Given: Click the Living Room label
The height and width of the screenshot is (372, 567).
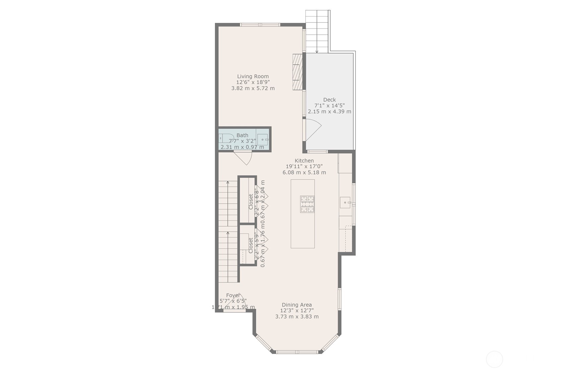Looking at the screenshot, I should (x=253, y=76).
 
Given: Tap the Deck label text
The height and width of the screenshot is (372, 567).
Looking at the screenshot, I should (x=329, y=99).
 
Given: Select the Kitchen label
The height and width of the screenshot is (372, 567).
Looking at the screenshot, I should (x=304, y=160).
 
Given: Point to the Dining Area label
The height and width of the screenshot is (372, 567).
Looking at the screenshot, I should (x=297, y=305).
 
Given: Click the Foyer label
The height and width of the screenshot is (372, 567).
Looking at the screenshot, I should (x=233, y=295).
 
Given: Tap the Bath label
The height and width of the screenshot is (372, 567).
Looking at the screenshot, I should (x=242, y=135).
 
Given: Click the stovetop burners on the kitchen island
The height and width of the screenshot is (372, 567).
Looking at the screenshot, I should (x=307, y=204).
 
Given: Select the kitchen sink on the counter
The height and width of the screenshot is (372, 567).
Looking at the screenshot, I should (x=345, y=202).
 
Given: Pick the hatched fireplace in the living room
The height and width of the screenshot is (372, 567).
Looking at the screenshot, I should (x=297, y=72).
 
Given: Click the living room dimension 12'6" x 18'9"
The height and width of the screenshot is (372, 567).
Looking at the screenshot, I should (x=253, y=82).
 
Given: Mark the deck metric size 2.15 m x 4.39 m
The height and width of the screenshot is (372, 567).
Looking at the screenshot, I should (x=329, y=111).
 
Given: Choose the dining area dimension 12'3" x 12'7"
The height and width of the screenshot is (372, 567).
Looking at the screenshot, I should (x=297, y=311).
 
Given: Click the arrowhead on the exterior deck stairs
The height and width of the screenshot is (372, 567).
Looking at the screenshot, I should (x=317, y=51).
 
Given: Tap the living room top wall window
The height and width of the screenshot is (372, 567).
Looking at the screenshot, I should (x=260, y=25).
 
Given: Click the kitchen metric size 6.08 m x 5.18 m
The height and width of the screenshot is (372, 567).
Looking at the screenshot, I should (x=304, y=172).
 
